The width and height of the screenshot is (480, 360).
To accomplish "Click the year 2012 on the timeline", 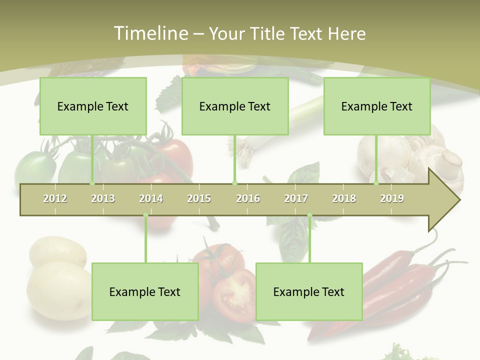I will click(55, 198).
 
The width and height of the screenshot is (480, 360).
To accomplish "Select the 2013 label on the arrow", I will click(103, 198).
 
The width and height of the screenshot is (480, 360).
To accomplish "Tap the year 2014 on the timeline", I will click(151, 198).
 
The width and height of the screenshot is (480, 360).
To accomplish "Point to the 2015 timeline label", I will click(199, 198).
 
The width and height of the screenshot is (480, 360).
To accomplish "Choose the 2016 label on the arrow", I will click(248, 198).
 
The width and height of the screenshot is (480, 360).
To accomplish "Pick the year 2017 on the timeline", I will click(296, 198).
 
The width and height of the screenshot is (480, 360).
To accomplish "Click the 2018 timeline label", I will click(344, 198).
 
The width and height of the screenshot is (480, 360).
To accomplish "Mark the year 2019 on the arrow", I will click(392, 198).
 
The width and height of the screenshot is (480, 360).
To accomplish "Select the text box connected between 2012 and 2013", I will click(93, 106).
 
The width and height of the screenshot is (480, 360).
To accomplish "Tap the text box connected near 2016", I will click(235, 106).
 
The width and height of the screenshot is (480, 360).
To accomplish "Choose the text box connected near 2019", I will click(377, 106).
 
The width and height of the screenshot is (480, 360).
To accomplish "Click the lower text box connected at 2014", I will click(145, 291).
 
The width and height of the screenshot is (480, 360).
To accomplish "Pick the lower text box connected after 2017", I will click(309, 291).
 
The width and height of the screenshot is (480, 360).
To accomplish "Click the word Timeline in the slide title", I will click(150, 33).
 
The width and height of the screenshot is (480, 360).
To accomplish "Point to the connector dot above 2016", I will click(235, 183).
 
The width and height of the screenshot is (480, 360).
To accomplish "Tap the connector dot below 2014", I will click(145, 215).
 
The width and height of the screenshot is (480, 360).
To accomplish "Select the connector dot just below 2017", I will click(309, 215).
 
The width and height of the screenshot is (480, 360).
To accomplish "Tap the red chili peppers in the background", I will click(400, 285).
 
